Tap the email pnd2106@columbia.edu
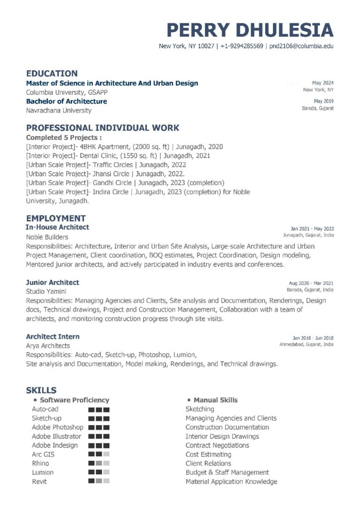pyautogui.click(x=301, y=46)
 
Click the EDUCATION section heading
pyautogui.click(x=52, y=73)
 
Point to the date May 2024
pyautogui.click(x=323, y=82)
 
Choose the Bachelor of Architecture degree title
pyautogui.click(x=67, y=101)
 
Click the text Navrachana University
pyautogui.click(x=59, y=111)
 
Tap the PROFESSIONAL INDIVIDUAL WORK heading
pyautogui.click(x=103, y=127)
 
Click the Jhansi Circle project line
pyautogui.click(x=105, y=174)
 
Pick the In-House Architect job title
pyautogui.click(x=58, y=227)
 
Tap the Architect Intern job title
pyautogui.click(x=53, y=336)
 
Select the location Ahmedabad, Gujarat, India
pyautogui.click(x=306, y=344)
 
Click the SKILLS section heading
pyautogui.click(x=41, y=390)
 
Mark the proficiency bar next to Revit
pyautogui.click(x=99, y=481)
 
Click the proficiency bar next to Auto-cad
pyautogui.click(x=99, y=410)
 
